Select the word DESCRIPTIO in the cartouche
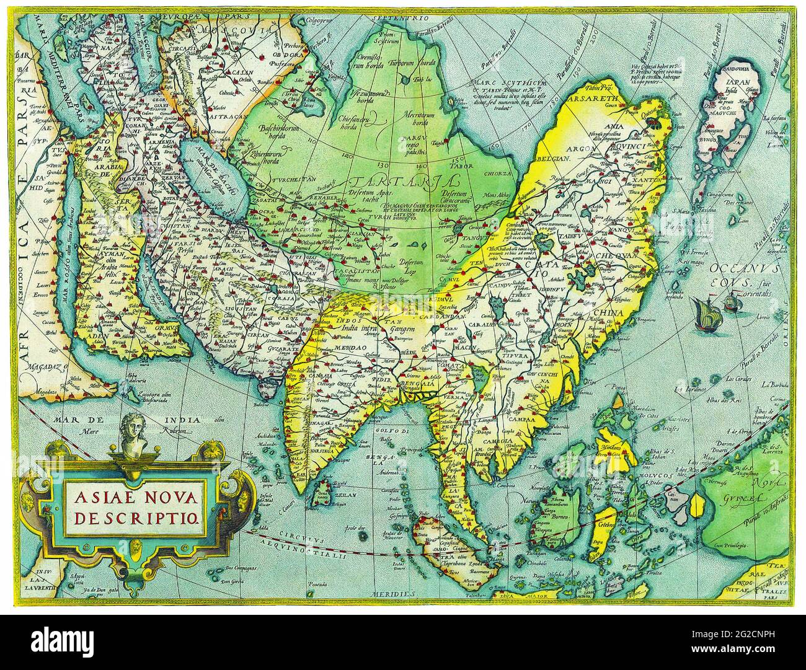(137, 518)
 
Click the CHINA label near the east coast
(608, 313)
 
